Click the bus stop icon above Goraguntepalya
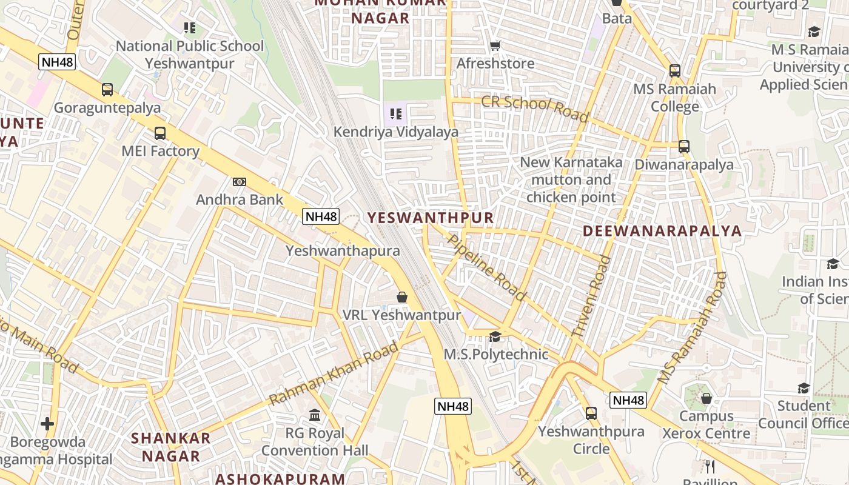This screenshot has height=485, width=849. coord(107,90)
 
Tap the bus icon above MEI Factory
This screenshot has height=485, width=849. coord(160,133)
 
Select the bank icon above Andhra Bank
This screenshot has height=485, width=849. coord(240,182)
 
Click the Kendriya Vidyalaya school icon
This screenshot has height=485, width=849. coord(396,113)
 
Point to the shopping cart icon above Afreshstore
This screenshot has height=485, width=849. coord(495,45)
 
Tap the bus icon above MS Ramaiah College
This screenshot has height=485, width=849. coord(675,71)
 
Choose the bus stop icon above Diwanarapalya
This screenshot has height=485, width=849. coord(684,146)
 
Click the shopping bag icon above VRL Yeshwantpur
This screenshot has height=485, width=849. coord(401,297)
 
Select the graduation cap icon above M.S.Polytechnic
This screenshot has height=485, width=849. coord(495,336)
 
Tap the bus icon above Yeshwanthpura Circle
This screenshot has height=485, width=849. coord(591,413)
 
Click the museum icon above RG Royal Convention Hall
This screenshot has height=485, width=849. coord(315,415)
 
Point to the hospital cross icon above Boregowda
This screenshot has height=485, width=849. coord(47,423)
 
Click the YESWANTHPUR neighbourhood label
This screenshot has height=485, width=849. coord(431,218)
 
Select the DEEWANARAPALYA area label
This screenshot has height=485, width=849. coord(662,231)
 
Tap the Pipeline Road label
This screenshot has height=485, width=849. coord(486,267)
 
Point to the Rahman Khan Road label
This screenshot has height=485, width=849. coord(334,373)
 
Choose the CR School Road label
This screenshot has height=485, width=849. coord(534,108)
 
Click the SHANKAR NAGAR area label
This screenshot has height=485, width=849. coord(171,447)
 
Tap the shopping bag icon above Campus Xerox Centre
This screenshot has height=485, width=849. coord(706,398)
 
